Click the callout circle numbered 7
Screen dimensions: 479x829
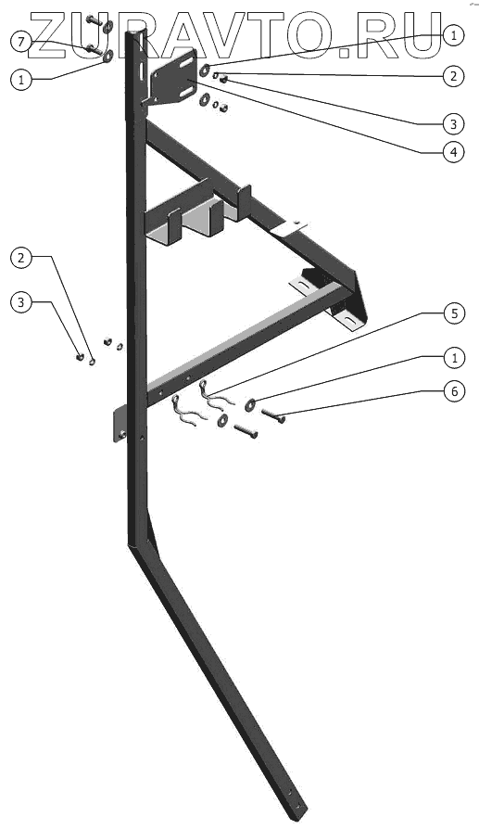[x=20, y=43]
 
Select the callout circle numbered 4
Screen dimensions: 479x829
[x=454, y=152]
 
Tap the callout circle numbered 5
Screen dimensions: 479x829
[x=454, y=313]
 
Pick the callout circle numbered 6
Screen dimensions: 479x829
[x=454, y=391]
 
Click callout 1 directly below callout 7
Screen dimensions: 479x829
[x=20, y=80]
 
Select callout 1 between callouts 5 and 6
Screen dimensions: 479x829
[x=454, y=358]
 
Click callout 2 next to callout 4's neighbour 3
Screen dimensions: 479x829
[x=454, y=76]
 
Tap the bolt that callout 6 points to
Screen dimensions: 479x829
[x=273, y=415]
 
